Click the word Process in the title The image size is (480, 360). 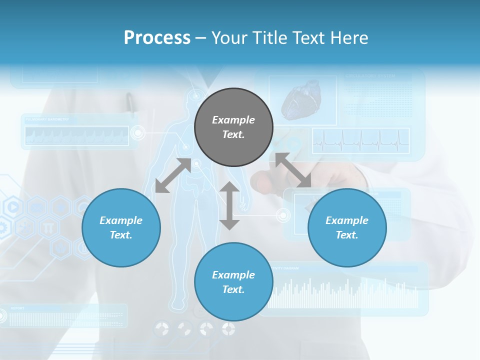[x=157, y=38]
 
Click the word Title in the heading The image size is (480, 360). [x=271, y=38]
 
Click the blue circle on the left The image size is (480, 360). [x=121, y=227]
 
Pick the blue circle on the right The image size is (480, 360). [x=347, y=227]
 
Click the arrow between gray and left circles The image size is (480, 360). [x=173, y=175]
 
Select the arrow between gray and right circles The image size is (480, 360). [x=293, y=170]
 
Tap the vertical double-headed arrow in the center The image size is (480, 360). [x=229, y=205]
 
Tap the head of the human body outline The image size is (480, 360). [x=195, y=95]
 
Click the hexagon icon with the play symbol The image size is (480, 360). [x=13, y=206]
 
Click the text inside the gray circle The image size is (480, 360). [x=233, y=127]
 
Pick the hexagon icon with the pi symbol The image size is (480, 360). [x=48, y=227]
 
